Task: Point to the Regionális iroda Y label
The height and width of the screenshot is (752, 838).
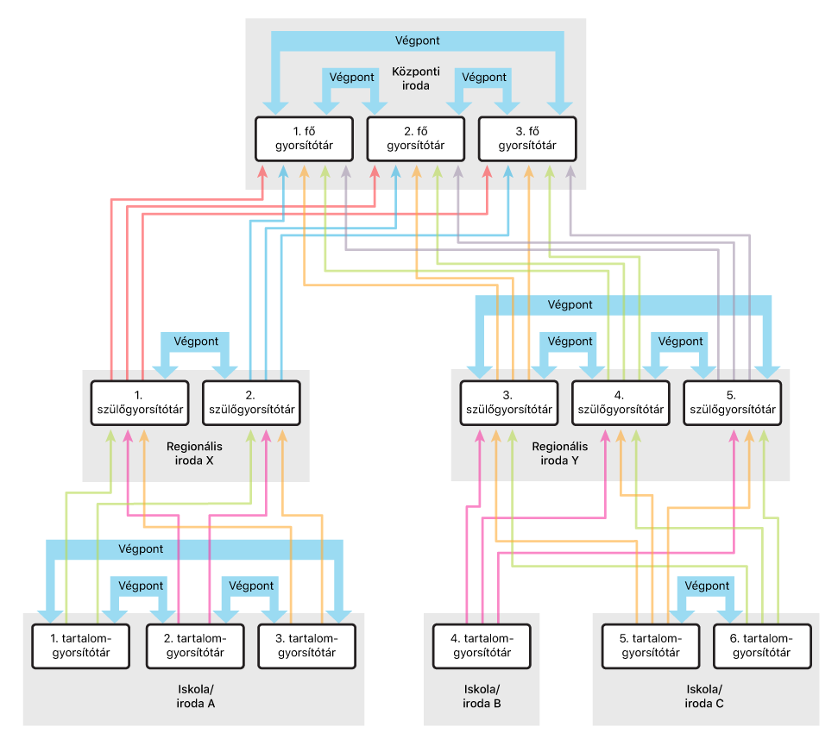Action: pyautogui.click(x=561, y=454)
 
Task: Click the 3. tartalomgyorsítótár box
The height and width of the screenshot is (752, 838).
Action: pyautogui.click(x=307, y=645)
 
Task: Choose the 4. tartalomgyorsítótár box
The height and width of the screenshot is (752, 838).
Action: pyautogui.click(x=482, y=645)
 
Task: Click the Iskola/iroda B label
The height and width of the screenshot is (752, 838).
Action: pyautogui.click(x=482, y=697)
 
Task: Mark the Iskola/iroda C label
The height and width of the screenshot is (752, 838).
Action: pyautogui.click(x=704, y=697)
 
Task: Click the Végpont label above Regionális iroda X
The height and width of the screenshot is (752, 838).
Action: pyautogui.click(x=195, y=341)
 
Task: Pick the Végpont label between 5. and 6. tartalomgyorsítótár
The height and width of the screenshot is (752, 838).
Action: pyautogui.click(x=707, y=586)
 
